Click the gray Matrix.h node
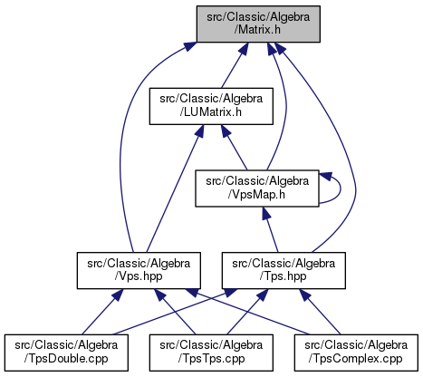pos(258,24)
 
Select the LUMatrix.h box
pos(211,106)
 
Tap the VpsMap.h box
pos(257,188)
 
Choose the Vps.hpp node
pos(139,271)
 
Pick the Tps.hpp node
pos(284,271)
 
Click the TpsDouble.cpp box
pos(66,353)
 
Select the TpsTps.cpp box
pos(211,353)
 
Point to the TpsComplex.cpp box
pos(356,353)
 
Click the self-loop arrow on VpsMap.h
pos(341,188)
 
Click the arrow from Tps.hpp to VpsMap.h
pos(270,229)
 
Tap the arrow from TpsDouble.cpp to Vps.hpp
pos(102,312)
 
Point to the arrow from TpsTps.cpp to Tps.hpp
pos(247,312)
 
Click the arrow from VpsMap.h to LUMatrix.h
pos(235,148)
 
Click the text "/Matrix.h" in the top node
pos(257,30)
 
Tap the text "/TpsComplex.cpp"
pos(355,359)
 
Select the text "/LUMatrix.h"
pos(210,112)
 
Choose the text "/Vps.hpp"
pos(139,276)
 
